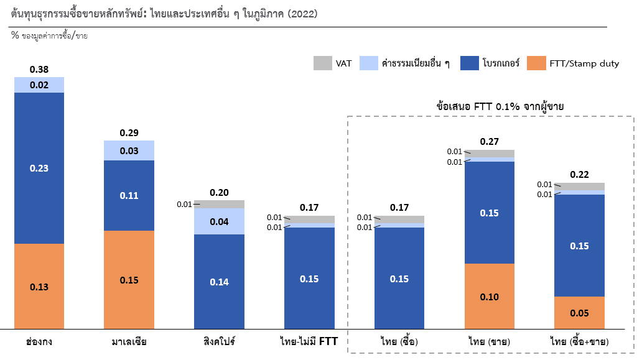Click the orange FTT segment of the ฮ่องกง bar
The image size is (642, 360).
pos(39,286)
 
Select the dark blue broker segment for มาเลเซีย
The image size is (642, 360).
pos(129,195)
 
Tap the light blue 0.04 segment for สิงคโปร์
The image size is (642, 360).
pos(219,221)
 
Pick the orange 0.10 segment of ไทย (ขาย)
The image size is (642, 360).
pos(490,297)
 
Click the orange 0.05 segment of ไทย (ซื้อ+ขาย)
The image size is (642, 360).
pos(579,313)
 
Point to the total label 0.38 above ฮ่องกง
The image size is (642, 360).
pos(39,70)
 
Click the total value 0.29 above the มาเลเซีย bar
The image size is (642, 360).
pos(129,132)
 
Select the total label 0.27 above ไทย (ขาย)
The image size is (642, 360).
pos(490,142)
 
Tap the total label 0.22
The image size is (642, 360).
pos(579,175)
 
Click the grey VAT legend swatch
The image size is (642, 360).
pos(322,63)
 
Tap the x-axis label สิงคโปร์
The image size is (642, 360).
pos(219,341)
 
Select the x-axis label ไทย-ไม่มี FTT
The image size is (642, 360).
pos(309,341)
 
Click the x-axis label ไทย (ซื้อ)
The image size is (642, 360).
pos(399,341)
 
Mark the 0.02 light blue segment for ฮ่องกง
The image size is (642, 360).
pos(39,85)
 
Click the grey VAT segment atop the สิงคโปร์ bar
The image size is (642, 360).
pos(219,204)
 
